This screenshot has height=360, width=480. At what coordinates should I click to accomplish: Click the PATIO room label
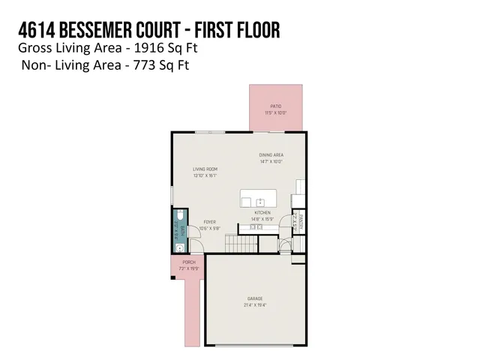click(275, 107)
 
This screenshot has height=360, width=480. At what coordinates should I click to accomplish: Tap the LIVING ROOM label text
click(205, 169)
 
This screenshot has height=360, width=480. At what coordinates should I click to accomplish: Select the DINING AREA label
click(270, 155)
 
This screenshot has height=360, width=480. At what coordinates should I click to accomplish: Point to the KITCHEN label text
click(262, 213)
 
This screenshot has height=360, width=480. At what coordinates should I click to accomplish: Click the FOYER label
click(210, 223)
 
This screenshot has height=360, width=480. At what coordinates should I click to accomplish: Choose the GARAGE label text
click(254, 298)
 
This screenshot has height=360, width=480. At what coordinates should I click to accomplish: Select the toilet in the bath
click(181, 223)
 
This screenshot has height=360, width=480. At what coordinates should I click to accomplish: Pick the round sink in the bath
click(180, 245)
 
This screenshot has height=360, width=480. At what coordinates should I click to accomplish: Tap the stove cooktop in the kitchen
click(259, 226)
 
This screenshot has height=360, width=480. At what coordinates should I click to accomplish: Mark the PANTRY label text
click(301, 220)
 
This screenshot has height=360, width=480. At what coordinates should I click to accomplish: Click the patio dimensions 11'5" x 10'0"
click(275, 113)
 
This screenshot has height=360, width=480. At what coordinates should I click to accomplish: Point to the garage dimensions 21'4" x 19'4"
click(254, 305)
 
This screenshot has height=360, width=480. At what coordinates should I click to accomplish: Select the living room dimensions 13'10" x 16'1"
click(205, 176)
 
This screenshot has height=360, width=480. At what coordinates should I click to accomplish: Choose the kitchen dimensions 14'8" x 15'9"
click(262, 219)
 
